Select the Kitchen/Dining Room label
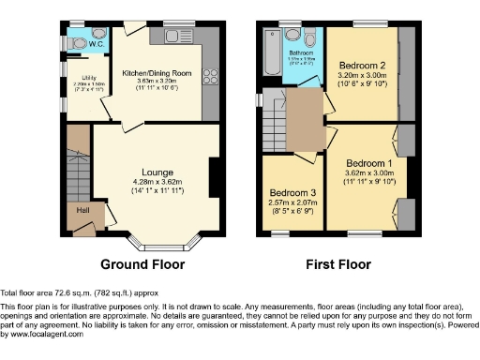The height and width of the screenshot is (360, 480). (157, 73)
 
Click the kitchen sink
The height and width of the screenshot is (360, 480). (176, 36)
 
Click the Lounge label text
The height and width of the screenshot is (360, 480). (156, 172)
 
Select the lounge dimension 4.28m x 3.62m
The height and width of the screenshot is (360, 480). (157, 181)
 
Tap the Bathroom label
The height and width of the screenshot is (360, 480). (300, 53)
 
